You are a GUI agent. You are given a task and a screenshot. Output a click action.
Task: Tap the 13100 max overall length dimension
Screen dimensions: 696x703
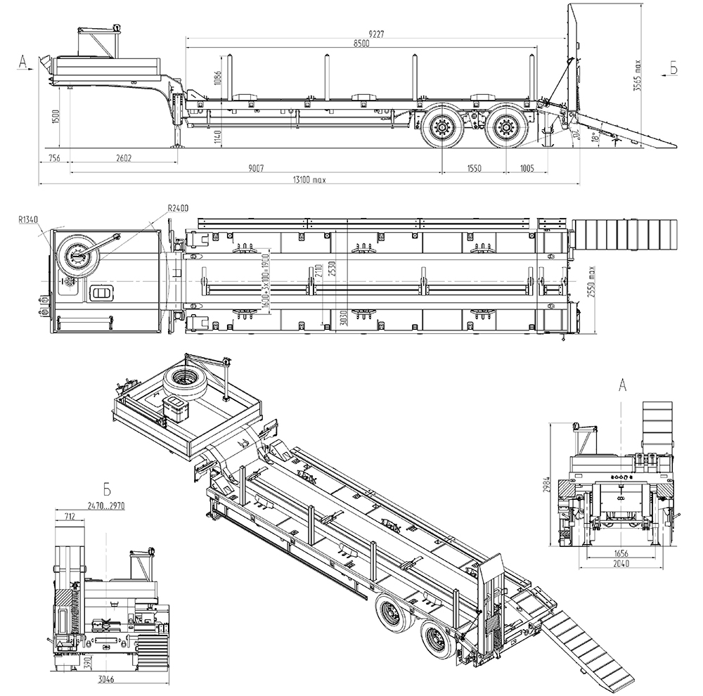click(309, 180)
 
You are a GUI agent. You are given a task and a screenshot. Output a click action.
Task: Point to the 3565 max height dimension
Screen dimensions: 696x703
click(638, 75)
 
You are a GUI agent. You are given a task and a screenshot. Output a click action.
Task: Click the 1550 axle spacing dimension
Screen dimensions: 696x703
click(472, 168)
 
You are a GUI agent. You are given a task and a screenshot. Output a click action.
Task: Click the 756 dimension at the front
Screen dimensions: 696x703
click(53, 158)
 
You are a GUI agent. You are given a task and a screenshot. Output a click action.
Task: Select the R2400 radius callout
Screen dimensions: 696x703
click(177, 208)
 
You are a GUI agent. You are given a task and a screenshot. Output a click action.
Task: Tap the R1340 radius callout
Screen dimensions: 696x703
click(29, 219)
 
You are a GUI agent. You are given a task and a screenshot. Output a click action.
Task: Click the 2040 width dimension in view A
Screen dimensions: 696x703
click(620, 565)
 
